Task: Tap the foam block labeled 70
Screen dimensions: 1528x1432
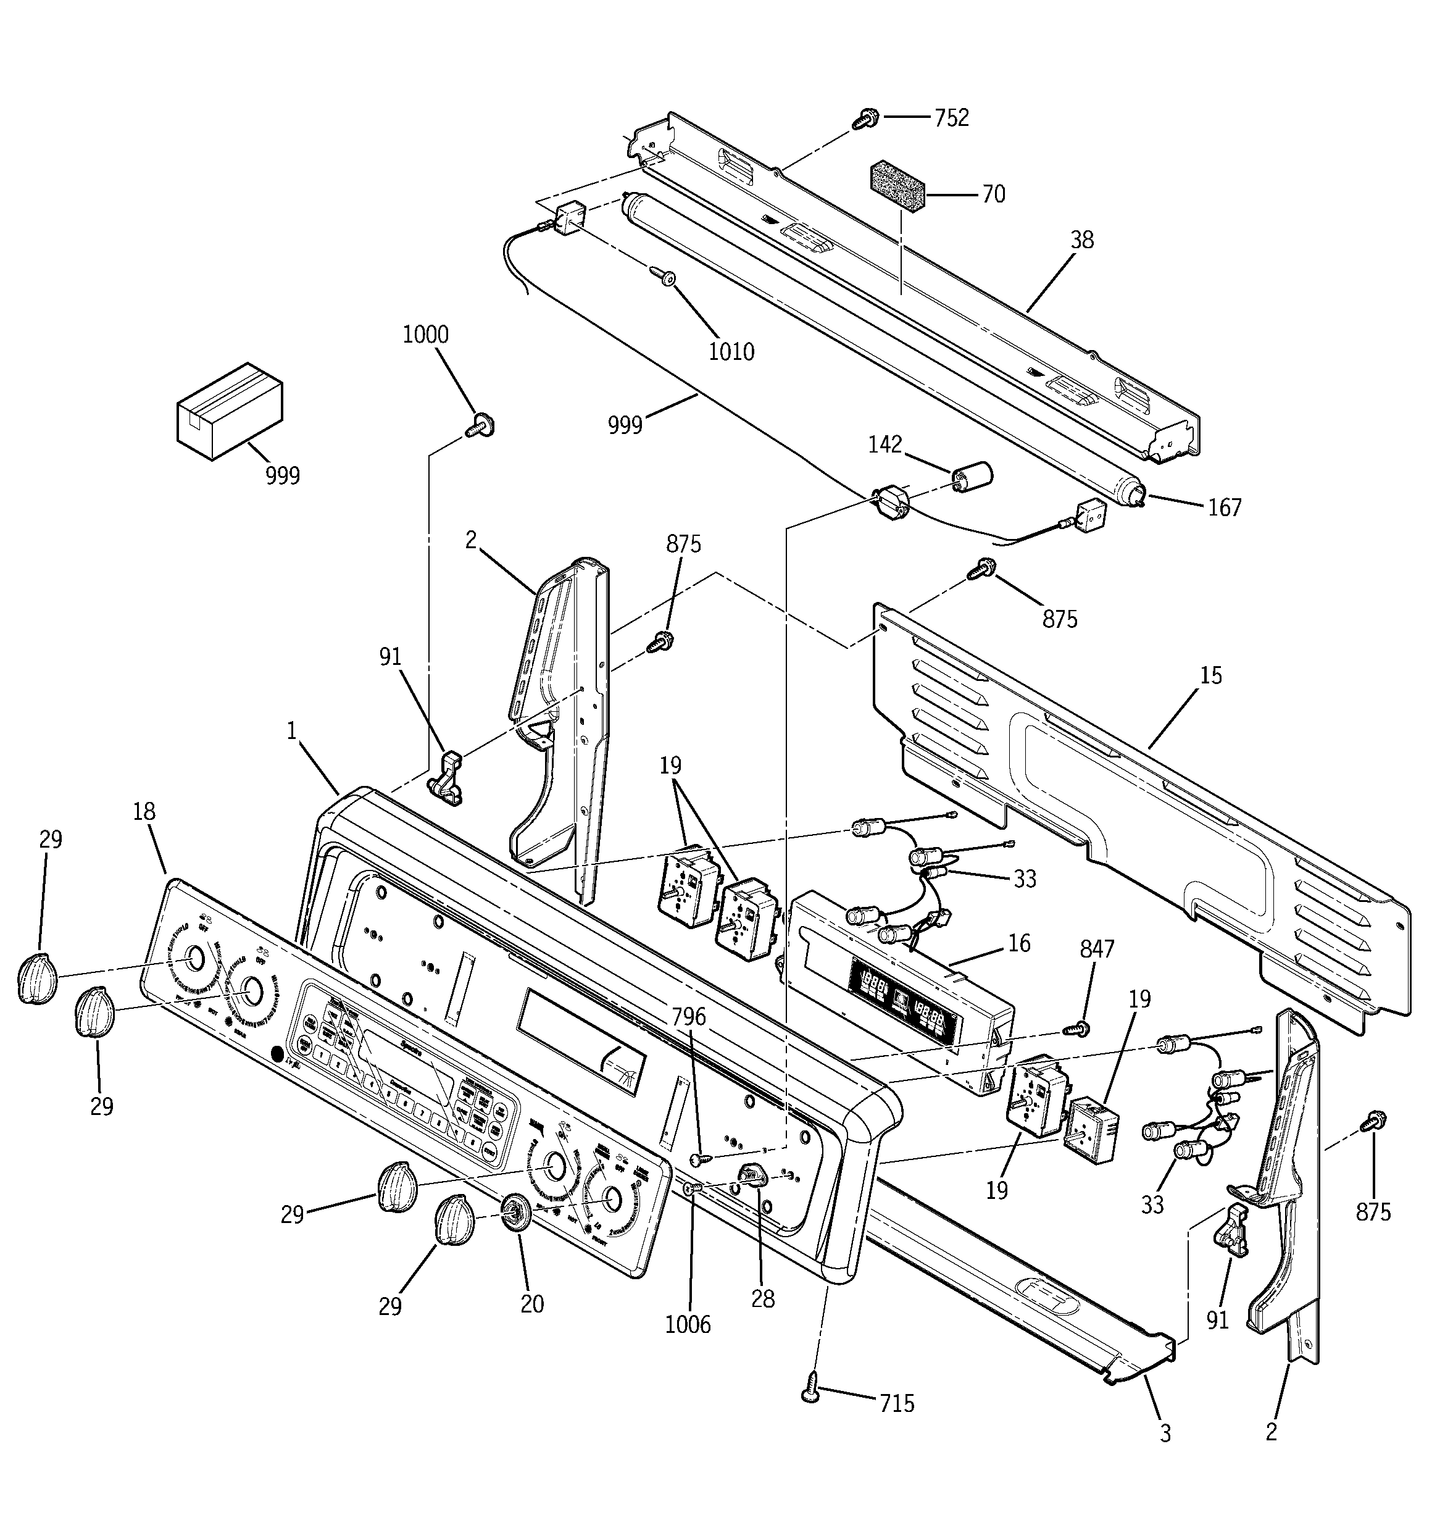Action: point(896,188)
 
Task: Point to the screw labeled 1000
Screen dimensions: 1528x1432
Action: point(480,424)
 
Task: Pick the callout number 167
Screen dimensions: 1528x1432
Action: point(1225,507)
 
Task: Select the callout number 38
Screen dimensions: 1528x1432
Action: point(1081,241)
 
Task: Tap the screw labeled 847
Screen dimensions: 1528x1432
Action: point(1079,1029)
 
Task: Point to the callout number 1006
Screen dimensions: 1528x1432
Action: point(688,1324)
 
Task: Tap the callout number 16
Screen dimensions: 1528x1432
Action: point(1019,943)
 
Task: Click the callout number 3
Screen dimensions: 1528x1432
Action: point(1165,1434)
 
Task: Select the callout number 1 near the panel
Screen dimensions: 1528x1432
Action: point(291,731)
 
